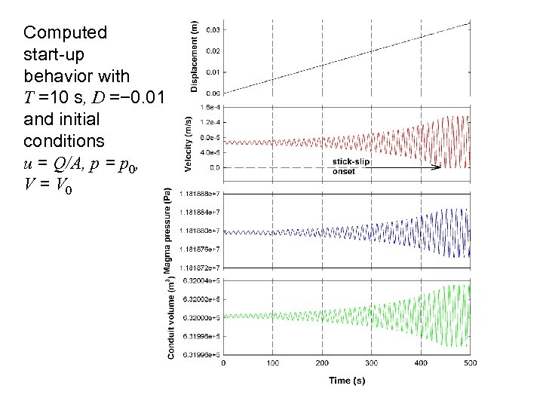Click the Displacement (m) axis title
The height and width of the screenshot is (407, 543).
click(195, 57)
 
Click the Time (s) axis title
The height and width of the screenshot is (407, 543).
click(347, 381)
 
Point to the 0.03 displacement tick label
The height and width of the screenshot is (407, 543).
click(213, 30)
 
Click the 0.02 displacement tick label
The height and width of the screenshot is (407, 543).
click(213, 51)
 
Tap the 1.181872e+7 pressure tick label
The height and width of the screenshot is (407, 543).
click(200, 267)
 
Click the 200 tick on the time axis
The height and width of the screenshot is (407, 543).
click(323, 363)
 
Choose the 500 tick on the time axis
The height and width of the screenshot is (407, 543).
click(471, 363)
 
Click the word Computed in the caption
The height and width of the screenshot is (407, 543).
click(65, 32)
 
